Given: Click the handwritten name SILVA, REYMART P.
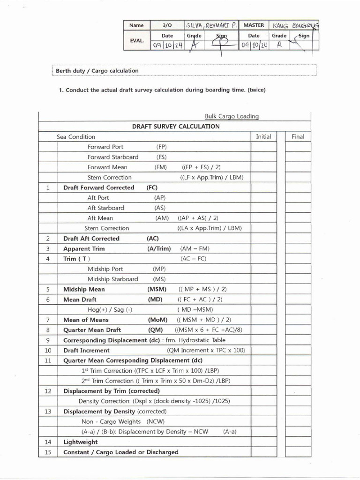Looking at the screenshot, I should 212,25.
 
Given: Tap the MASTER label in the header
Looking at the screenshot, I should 254,25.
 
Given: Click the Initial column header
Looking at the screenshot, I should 263,136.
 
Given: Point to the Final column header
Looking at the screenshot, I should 298,136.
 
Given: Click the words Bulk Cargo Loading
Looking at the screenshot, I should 232,116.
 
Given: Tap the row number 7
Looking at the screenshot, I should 48,320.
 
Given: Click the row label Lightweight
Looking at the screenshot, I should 81,442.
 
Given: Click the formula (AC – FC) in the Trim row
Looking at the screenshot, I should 193,259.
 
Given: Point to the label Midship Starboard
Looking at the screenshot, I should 113,279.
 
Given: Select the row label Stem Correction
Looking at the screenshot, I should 110,177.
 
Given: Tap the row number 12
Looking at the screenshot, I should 48,391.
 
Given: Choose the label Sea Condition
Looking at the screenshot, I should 76,137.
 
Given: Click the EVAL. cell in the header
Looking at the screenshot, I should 136,40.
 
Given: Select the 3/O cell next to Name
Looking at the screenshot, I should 167,25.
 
